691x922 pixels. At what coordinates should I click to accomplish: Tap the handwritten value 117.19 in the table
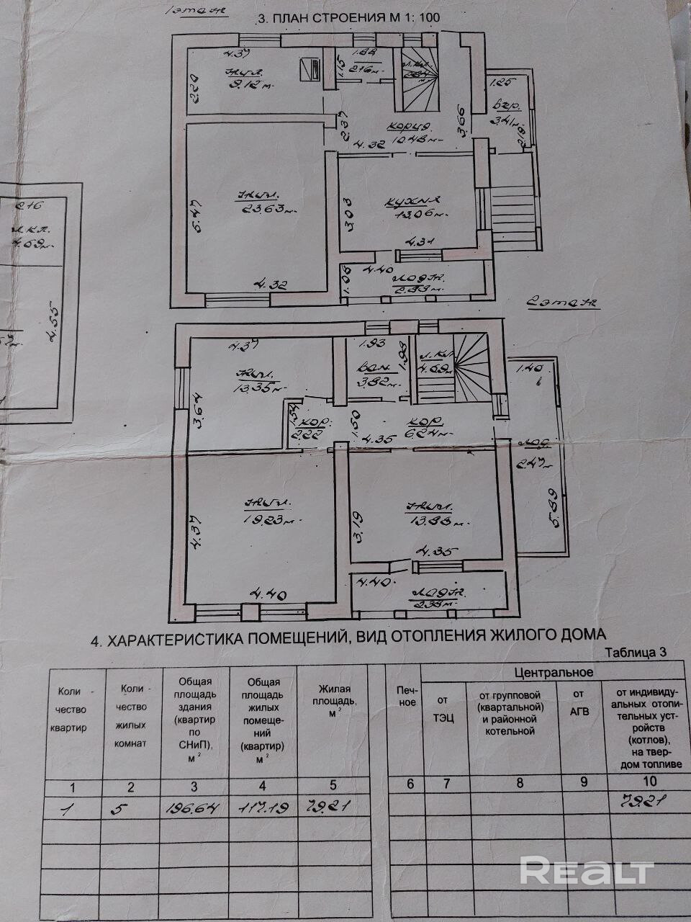tap(263, 809)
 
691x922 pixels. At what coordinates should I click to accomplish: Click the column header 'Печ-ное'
tap(407, 696)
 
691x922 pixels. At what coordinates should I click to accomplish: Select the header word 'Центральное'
tap(554, 672)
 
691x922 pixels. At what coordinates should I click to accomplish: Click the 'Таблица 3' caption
tap(636, 652)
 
